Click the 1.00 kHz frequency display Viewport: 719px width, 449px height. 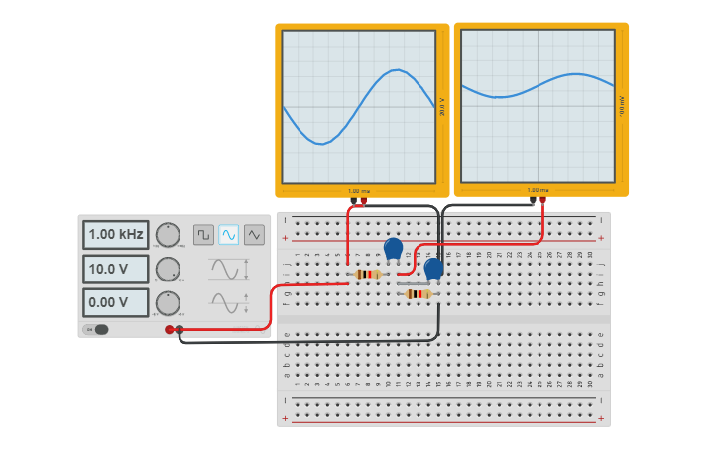point(115,235)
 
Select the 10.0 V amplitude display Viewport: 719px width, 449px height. point(115,269)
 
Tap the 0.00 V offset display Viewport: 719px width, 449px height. point(115,302)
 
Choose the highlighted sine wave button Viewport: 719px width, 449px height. point(229,235)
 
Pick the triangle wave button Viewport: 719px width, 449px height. point(254,235)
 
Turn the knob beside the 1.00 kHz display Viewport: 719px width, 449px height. point(169,235)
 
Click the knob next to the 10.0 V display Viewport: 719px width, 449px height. point(169,269)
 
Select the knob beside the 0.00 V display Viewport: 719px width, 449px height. point(169,302)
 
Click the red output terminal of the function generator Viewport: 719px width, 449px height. point(169,329)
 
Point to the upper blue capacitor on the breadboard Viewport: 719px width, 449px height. point(393,248)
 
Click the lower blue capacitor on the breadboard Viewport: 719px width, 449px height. point(433,268)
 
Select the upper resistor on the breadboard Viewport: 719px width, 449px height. point(367,274)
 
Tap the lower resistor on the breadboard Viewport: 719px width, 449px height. point(418,293)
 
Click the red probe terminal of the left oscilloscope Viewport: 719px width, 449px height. point(363,201)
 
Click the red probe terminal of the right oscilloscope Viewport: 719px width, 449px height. point(542,200)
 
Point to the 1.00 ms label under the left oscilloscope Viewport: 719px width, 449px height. point(358,191)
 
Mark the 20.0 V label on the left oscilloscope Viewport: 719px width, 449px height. point(441,107)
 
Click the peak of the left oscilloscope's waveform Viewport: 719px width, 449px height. point(397,69)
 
